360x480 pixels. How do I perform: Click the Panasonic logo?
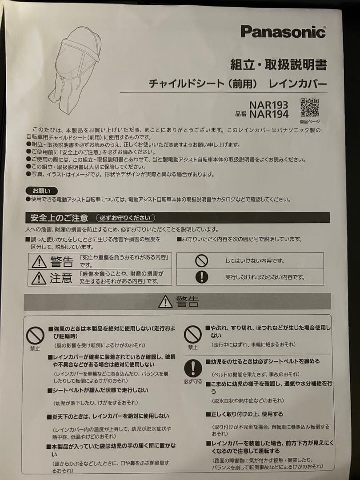283,32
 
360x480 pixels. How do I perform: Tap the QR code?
309,107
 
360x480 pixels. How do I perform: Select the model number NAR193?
268,105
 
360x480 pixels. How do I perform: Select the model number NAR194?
268,114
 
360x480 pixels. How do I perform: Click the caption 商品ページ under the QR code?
309,121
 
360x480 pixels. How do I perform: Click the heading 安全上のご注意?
59,218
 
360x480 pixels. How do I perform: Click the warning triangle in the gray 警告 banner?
165,302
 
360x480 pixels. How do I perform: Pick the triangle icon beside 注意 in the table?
39,278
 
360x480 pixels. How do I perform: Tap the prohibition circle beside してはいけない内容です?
201,261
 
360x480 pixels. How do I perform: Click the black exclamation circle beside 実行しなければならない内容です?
201,277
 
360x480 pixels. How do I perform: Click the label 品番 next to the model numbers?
241,114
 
